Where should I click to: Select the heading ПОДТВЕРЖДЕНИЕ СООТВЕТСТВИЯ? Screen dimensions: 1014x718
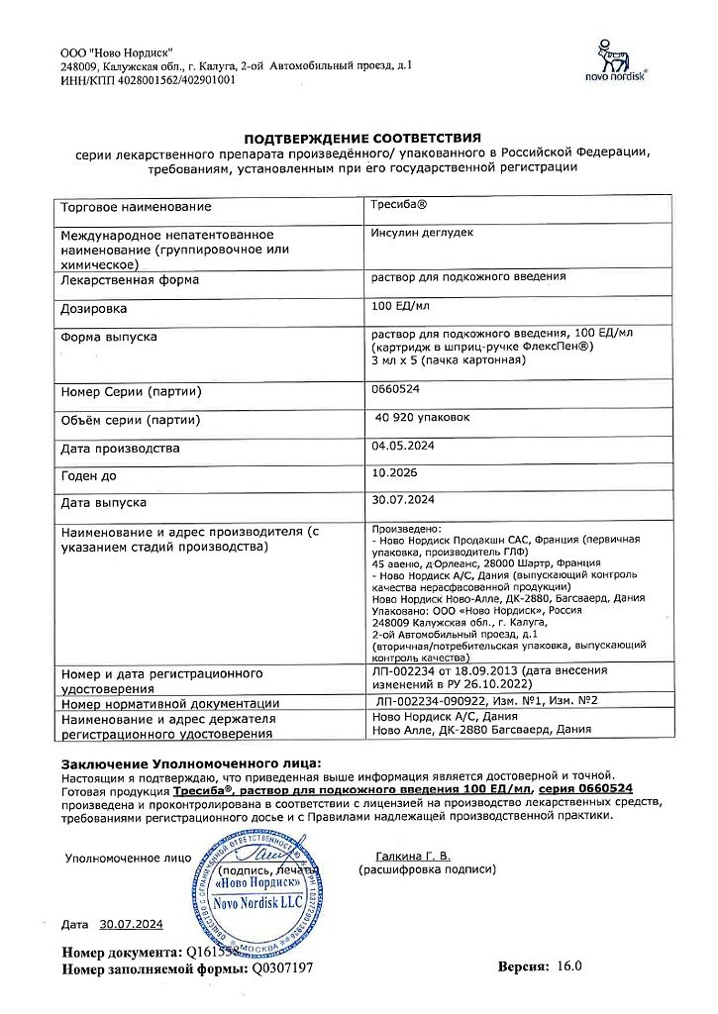point(362,138)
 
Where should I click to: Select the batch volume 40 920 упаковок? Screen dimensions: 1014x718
point(423,418)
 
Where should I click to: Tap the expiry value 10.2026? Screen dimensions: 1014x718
point(394,474)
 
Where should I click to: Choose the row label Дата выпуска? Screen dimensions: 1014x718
point(104,503)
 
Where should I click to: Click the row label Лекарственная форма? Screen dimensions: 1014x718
point(130,280)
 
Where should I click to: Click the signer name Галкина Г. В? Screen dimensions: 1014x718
point(413,856)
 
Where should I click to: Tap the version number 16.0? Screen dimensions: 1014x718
point(570,965)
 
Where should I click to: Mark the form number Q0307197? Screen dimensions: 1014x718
point(283,968)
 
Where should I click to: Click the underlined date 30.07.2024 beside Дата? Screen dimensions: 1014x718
point(131,924)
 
